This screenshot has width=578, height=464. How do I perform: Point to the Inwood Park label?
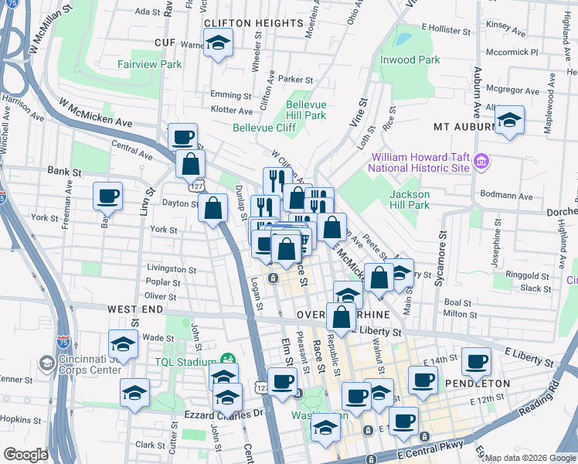click(x=410, y=60)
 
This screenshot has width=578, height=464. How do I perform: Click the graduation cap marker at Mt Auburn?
click(x=509, y=120)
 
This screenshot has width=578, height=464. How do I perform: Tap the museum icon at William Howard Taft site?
click(x=481, y=161)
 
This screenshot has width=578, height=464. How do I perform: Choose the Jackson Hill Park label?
click(x=410, y=200)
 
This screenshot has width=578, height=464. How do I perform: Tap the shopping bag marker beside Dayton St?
click(x=212, y=207)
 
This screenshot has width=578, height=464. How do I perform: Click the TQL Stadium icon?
click(x=227, y=360)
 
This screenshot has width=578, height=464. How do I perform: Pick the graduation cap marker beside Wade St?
click(x=123, y=343)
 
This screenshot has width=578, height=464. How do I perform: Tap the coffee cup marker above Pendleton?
click(x=476, y=360)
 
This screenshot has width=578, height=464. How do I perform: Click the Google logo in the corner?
click(x=26, y=455)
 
